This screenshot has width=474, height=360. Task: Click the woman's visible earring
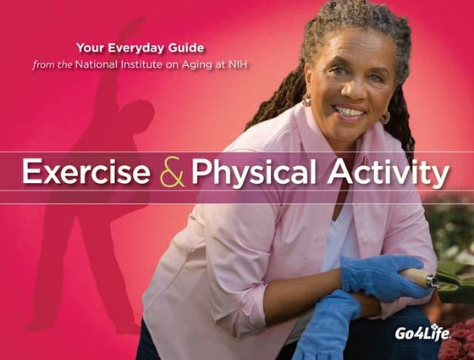click(x=306, y=101)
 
